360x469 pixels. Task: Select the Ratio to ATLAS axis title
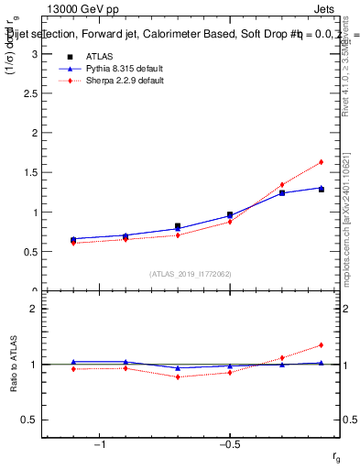point(14,364)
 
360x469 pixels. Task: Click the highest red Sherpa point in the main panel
point(322,162)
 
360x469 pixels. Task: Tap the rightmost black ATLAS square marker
point(322,190)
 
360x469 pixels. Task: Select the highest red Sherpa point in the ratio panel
point(322,345)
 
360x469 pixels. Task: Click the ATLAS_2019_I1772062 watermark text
point(191,274)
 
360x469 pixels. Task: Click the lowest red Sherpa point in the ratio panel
point(178,376)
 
